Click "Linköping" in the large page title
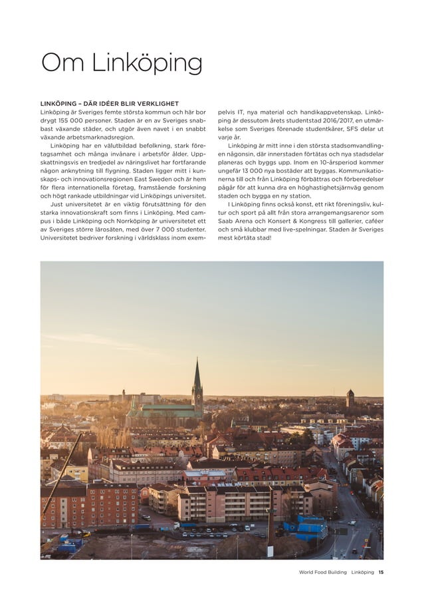[146, 65]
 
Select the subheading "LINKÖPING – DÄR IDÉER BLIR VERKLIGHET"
[109, 104]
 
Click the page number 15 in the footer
[380, 572]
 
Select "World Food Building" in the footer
[322, 572]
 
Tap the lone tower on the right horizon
[350, 398]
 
